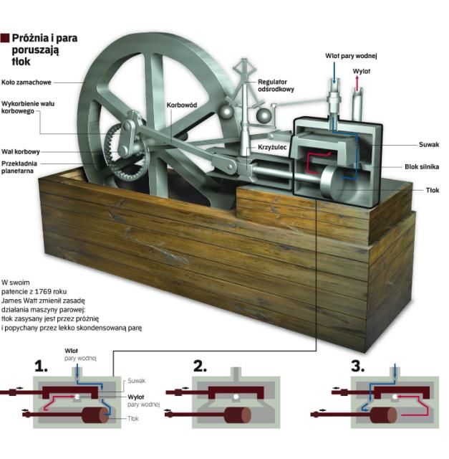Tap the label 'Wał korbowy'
tap(20, 151)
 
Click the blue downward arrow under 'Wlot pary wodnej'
tap(332, 69)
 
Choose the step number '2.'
tap(200, 368)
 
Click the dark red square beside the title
tap(6, 37)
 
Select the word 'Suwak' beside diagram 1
tap(137, 381)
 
